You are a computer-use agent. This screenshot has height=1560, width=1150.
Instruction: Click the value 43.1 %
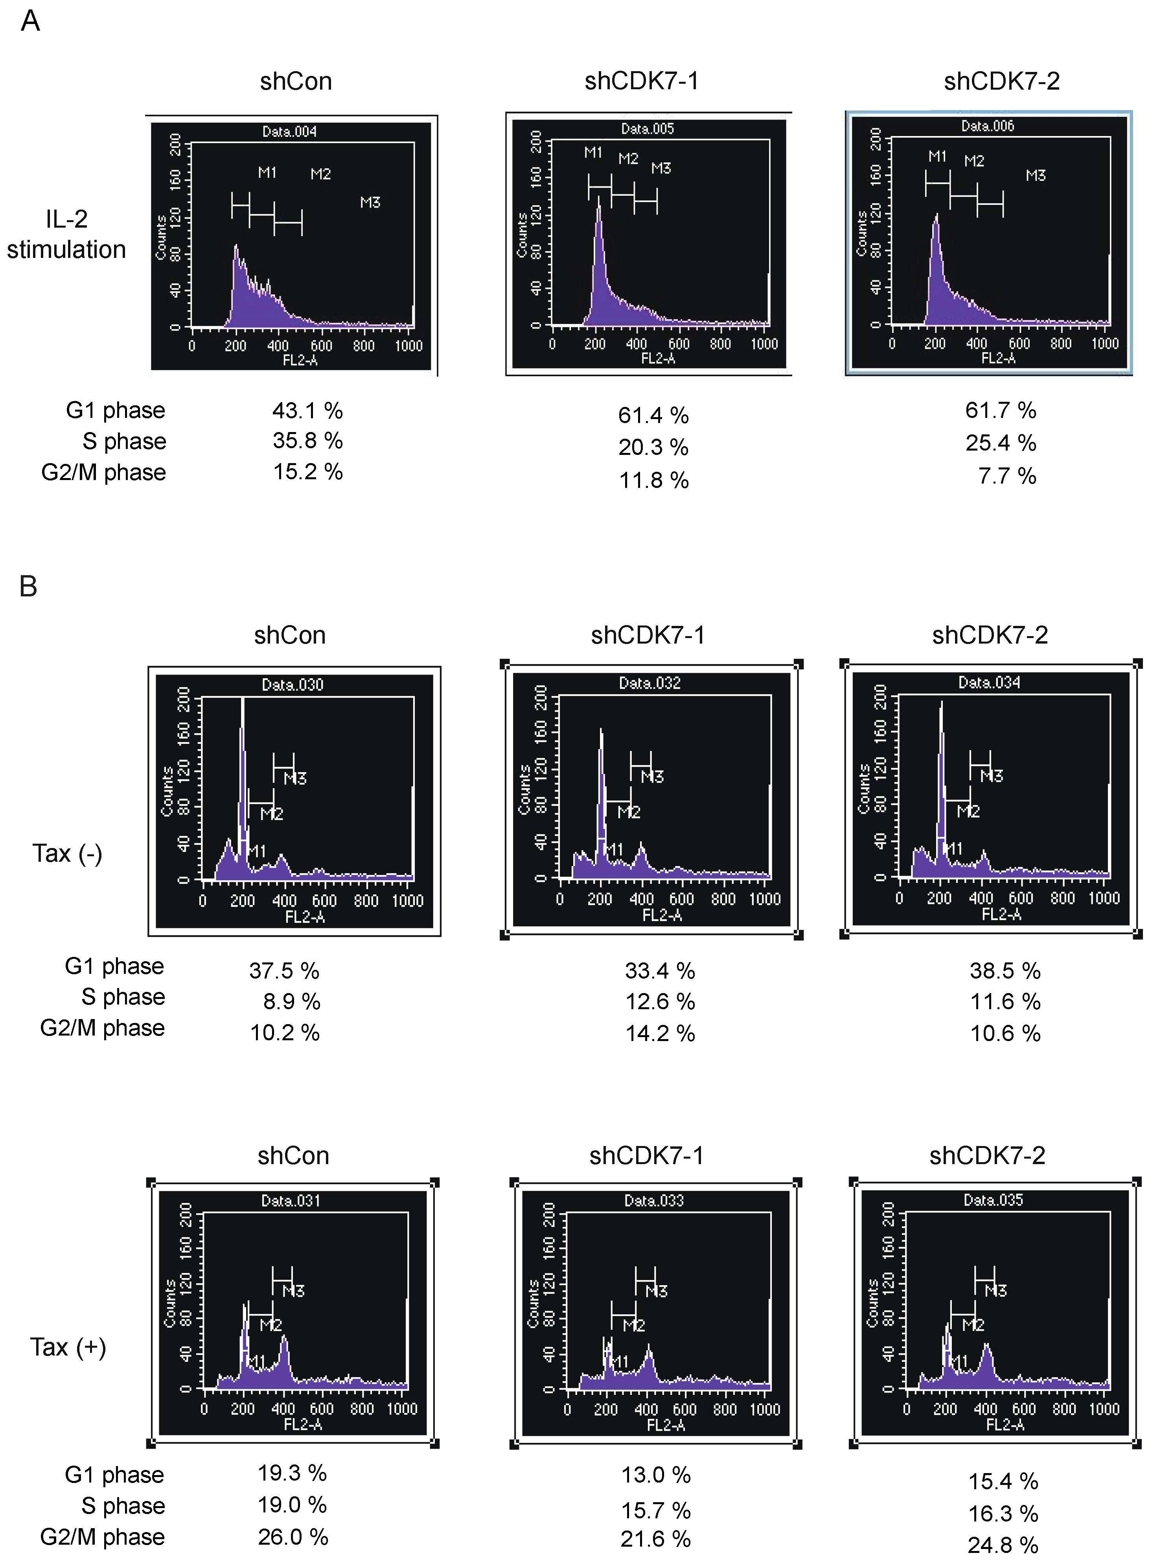pyautogui.click(x=307, y=411)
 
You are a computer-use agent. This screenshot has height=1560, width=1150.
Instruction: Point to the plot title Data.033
pyautogui.click(x=654, y=1200)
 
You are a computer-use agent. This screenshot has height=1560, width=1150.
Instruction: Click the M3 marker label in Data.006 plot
pyautogui.click(x=1035, y=175)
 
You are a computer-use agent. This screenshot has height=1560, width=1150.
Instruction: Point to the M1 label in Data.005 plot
pyautogui.click(x=593, y=153)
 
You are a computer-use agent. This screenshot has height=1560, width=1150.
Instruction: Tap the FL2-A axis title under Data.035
pyautogui.click(x=1005, y=1424)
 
